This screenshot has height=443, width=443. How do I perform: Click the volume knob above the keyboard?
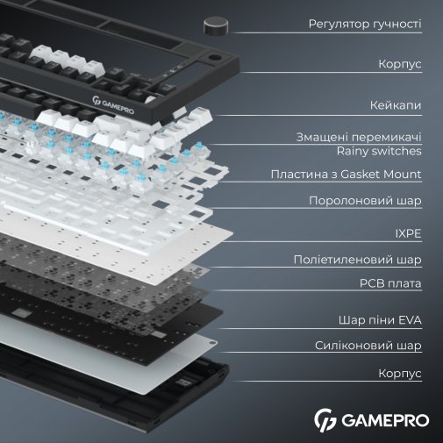[216, 26]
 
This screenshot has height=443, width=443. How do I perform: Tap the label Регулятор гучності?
[365, 24]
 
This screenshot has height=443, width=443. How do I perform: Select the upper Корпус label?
[400, 64]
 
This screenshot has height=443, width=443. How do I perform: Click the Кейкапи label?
[396, 105]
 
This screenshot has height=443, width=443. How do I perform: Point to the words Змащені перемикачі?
[359, 137]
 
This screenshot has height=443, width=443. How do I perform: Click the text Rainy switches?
[379, 151]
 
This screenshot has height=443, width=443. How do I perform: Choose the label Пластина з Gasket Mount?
[346, 175]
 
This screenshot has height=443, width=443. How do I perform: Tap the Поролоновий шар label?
[365, 201]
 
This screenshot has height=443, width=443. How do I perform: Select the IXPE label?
[408, 233]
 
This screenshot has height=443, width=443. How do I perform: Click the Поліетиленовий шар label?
[358, 260]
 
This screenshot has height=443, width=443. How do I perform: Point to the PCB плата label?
[390, 283]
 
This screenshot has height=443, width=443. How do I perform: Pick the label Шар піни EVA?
[380, 320]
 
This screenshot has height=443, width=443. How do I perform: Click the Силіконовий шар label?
[368, 346]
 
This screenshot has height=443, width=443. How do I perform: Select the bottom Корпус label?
[400, 374]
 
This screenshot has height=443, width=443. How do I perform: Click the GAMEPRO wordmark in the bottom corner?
[385, 420]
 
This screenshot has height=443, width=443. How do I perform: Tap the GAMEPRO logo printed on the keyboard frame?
[113, 105]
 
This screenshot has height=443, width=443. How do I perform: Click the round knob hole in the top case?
[215, 57]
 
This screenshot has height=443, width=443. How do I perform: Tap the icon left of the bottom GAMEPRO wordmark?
[325, 420]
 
